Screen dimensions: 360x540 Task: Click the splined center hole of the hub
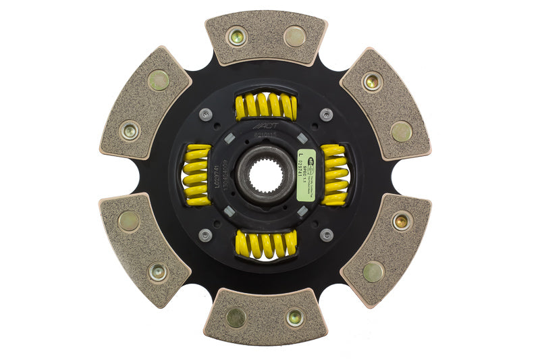click(x=265, y=178)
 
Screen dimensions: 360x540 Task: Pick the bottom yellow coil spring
click(x=266, y=245)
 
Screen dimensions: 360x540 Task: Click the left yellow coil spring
click(x=197, y=175)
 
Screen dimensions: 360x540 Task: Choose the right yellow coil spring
click(x=334, y=175)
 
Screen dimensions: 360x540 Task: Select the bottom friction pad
click(x=265, y=315)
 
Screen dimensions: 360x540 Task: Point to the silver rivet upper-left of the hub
click(x=205, y=115)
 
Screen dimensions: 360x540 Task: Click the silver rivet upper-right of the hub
click(x=327, y=115)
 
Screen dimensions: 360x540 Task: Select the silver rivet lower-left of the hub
click(x=205, y=235)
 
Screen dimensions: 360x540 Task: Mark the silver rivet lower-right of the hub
click(x=327, y=235)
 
